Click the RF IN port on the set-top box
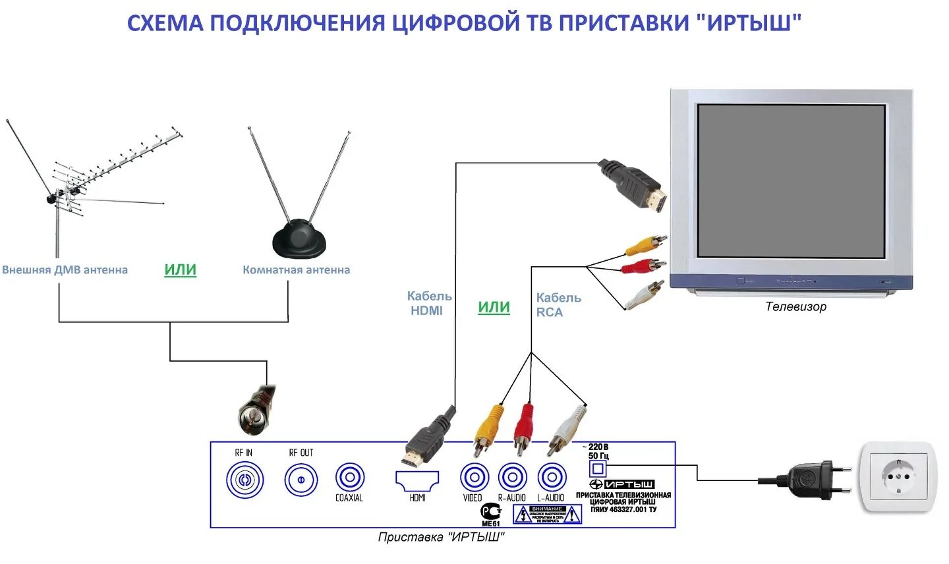pyautogui.click(x=244, y=480)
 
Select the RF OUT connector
pyautogui.click(x=301, y=480)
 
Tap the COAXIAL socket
pyautogui.click(x=349, y=478)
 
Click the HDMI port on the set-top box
pyautogui.click(x=417, y=480)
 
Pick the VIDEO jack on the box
pyautogui.click(x=474, y=478)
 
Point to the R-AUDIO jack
pyautogui.click(x=512, y=478)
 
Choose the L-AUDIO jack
pyautogui.click(x=552, y=478)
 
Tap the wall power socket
pyautogui.click(x=898, y=476)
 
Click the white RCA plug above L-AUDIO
pyautogui.click(x=565, y=429)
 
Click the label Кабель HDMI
pyautogui.click(x=428, y=303)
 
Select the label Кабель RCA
pyautogui.click(x=558, y=304)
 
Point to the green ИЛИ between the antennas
pyautogui.click(x=180, y=269)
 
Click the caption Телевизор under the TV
pyautogui.click(x=795, y=306)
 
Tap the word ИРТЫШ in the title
pyautogui.click(x=753, y=24)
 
